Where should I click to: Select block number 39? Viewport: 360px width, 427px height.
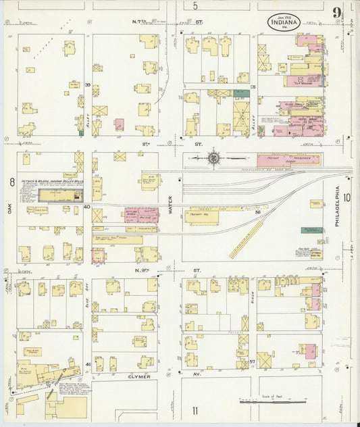pyautogui.click(x=87, y=84)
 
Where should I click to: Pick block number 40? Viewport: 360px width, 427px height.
pyautogui.click(x=87, y=207)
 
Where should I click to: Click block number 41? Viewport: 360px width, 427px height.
pyautogui.click(x=88, y=364)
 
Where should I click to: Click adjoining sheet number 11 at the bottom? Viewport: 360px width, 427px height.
pyautogui.click(x=195, y=410)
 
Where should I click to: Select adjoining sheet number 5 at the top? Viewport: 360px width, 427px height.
pyautogui.click(x=195, y=6)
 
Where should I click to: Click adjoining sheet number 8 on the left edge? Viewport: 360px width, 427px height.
pyautogui.click(x=11, y=182)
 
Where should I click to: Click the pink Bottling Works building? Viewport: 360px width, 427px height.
pyautogui.click(x=140, y=216)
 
